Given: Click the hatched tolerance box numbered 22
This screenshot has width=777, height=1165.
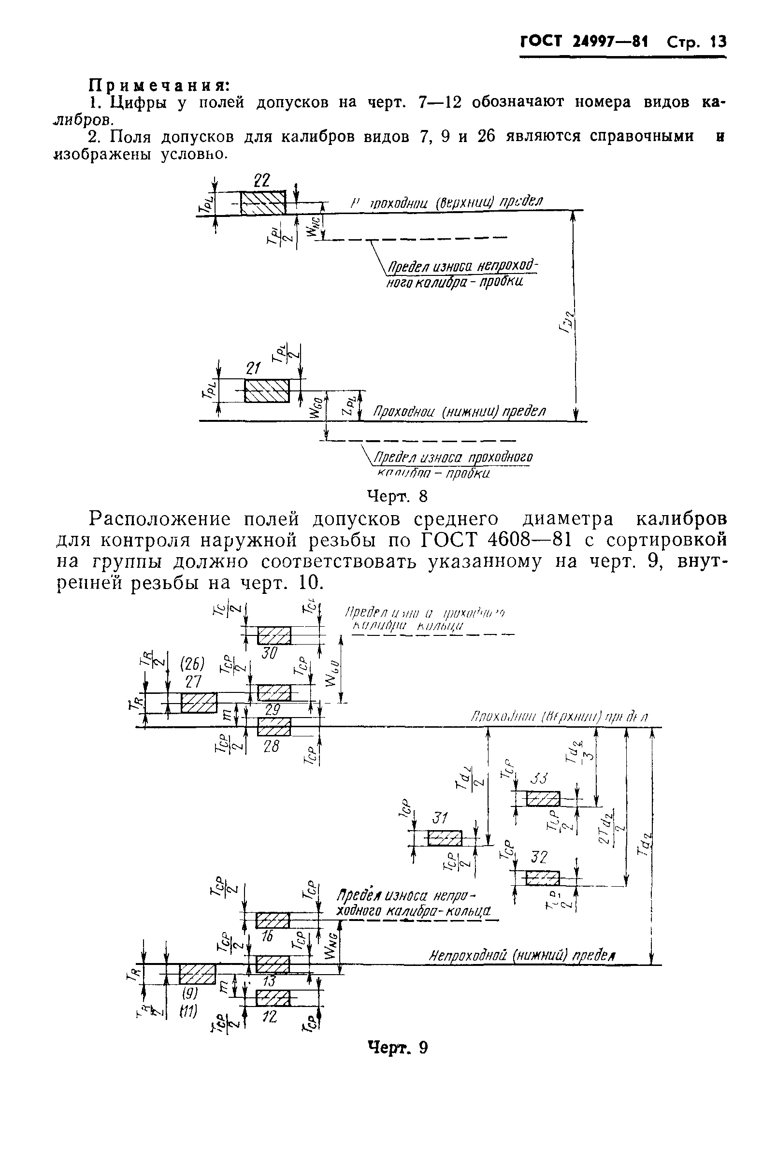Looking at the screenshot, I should click(263, 203).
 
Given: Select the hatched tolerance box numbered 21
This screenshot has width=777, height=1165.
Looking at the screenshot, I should click(267, 391).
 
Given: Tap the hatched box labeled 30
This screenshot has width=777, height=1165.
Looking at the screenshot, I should click(274, 636).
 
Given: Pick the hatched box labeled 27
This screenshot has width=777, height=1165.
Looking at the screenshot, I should click(199, 703).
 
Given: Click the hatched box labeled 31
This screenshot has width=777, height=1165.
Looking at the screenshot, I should click(445, 838).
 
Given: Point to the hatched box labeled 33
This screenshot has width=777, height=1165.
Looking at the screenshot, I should click(543, 799).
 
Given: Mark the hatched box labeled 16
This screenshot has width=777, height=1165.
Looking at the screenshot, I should click(273, 920).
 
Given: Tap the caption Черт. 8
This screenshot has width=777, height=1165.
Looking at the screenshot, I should click(396, 496).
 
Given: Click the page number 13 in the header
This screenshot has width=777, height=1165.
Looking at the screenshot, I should click(717, 42).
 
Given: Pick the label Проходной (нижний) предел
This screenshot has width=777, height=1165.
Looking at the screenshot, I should click(459, 412).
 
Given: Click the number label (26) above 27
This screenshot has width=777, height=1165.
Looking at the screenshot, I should click(192, 663).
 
